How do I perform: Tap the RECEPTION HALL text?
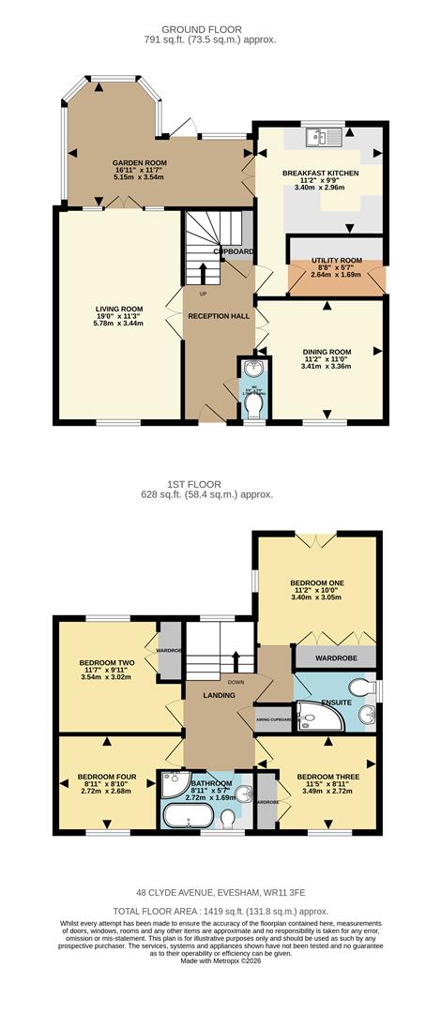219,316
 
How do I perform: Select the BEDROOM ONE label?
318,582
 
